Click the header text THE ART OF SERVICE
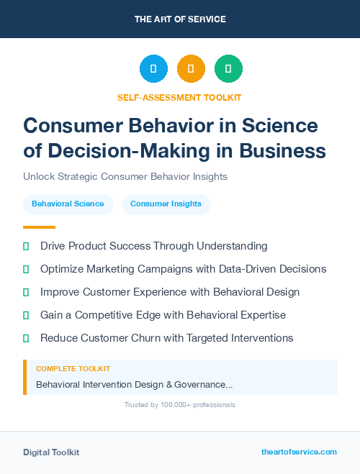180,19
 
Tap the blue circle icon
153,69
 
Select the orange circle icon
191,69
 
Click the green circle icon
228,69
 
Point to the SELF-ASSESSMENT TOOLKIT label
179,97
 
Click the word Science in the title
276,125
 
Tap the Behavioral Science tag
68,204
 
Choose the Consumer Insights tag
166,204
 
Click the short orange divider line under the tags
39,227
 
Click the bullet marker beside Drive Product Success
26,246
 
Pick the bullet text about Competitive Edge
163,315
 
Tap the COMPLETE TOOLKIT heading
73,368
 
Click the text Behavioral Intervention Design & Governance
134,385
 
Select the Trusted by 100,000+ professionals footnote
180,405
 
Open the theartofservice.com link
299,452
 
